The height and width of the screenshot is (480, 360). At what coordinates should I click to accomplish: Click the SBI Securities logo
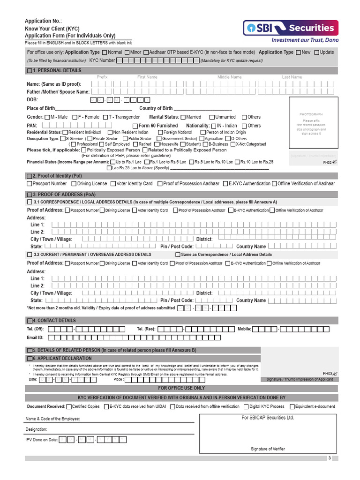tap(291, 29)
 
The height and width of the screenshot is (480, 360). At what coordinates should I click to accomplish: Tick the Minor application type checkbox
tap(127, 52)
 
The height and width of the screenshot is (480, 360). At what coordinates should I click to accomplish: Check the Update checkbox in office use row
tap(317, 52)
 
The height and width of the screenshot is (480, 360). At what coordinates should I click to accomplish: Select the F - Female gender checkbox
tap(74, 117)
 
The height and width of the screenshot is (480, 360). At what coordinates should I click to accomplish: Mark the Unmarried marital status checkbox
tap(212, 117)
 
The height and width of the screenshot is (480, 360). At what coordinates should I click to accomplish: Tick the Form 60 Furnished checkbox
tap(135, 126)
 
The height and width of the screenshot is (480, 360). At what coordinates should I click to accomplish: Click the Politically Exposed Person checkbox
tap(83, 150)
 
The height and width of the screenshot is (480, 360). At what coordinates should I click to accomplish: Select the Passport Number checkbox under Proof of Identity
tap(30, 184)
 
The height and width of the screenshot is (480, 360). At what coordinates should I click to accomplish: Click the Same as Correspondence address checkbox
tap(178, 255)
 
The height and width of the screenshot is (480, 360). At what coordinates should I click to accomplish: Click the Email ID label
tap(35, 337)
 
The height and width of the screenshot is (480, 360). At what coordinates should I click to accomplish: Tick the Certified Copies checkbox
tap(69, 407)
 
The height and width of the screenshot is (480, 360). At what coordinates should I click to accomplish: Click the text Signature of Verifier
tap(268, 449)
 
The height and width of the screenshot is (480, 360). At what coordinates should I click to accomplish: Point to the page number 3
tap(330, 458)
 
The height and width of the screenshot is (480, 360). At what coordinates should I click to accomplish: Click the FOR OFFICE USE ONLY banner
tap(181, 389)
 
